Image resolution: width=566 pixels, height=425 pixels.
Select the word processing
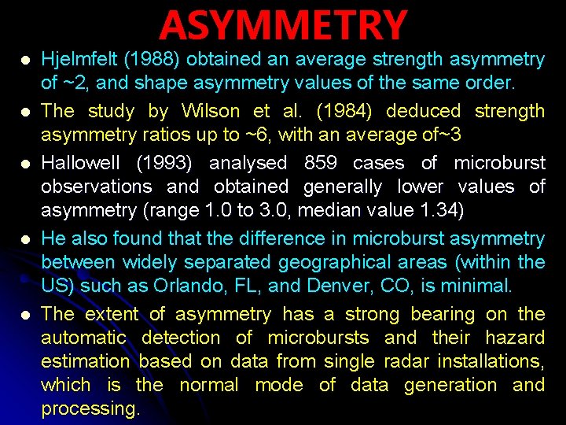point(90,409)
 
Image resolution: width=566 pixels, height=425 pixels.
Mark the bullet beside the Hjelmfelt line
point(26,61)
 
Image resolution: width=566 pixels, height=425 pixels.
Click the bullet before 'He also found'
point(26,238)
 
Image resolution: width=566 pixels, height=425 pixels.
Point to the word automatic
point(83,338)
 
